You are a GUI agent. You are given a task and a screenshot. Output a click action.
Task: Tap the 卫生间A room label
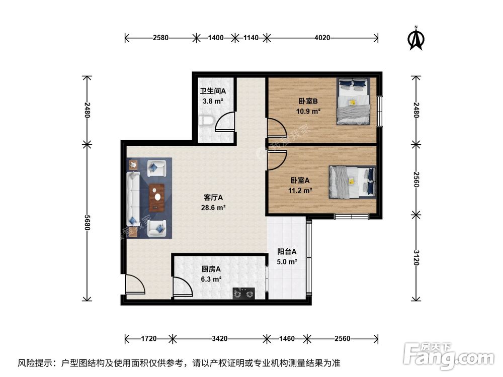click(213, 91)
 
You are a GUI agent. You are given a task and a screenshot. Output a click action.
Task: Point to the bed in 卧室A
click(352, 182)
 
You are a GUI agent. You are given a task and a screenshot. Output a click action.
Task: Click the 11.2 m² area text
click(301, 191)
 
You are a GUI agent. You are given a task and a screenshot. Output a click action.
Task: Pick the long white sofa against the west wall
click(133, 198)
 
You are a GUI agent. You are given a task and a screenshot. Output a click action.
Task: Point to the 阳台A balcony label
click(287, 252)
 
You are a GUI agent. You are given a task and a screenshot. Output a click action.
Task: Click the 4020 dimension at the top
click(322, 37)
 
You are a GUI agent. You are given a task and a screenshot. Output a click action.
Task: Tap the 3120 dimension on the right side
click(415, 258)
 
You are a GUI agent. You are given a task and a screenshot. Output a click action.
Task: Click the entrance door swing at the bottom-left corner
click(134, 285)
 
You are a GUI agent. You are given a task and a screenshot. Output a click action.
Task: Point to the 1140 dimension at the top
click(250, 37)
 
